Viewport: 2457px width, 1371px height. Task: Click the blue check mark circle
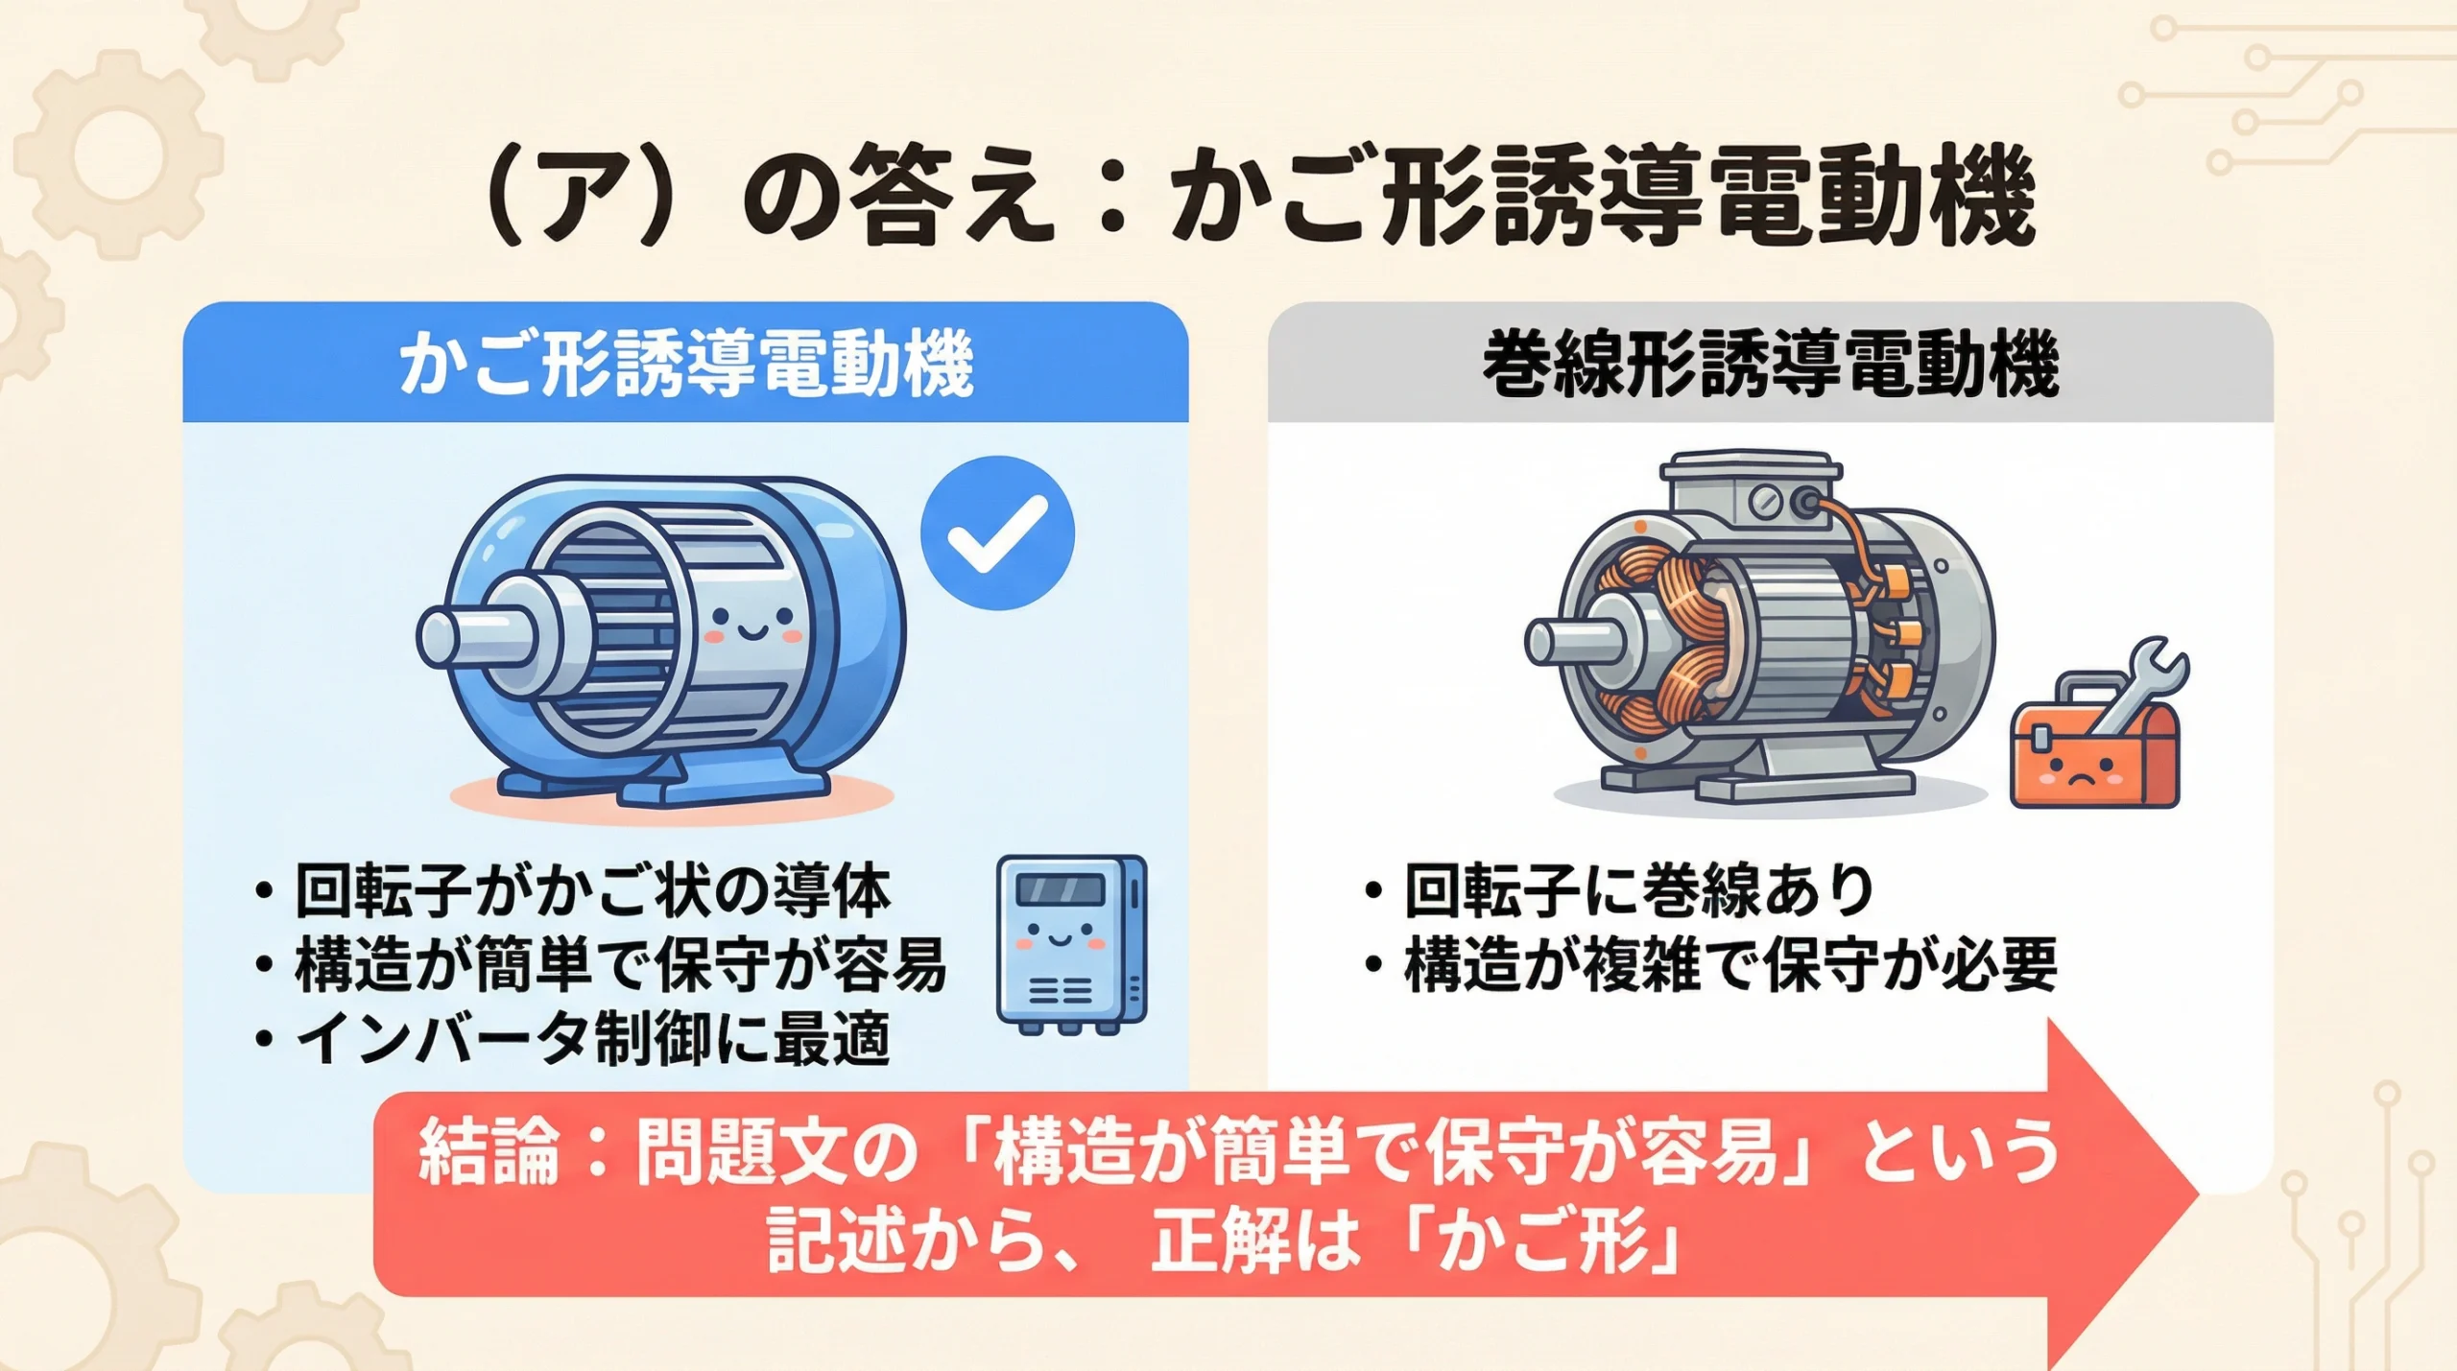tap(997, 533)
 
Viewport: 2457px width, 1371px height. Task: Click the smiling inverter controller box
tap(1071, 944)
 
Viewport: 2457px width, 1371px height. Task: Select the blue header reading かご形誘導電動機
tap(685, 364)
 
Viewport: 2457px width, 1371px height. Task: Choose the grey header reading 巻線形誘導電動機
tap(1770, 364)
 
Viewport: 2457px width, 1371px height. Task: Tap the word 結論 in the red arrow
tap(489, 1150)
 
